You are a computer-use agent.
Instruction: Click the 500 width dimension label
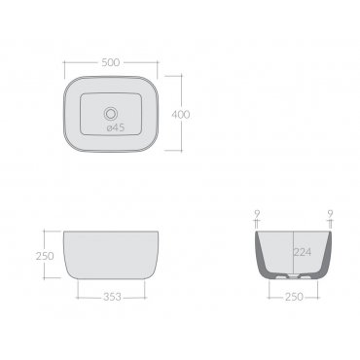coord(111,62)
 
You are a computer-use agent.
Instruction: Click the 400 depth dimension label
coord(181,115)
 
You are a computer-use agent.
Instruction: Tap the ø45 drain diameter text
coord(116,127)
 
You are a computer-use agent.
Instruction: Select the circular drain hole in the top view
coord(111,114)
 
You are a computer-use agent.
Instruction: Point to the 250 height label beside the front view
coord(45,256)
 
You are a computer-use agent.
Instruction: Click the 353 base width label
coord(112,297)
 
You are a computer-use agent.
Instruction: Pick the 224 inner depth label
coord(303,252)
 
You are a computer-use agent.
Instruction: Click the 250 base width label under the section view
coord(294,297)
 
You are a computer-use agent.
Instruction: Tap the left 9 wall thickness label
coord(257,214)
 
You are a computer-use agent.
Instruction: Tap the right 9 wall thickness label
coord(330,214)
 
